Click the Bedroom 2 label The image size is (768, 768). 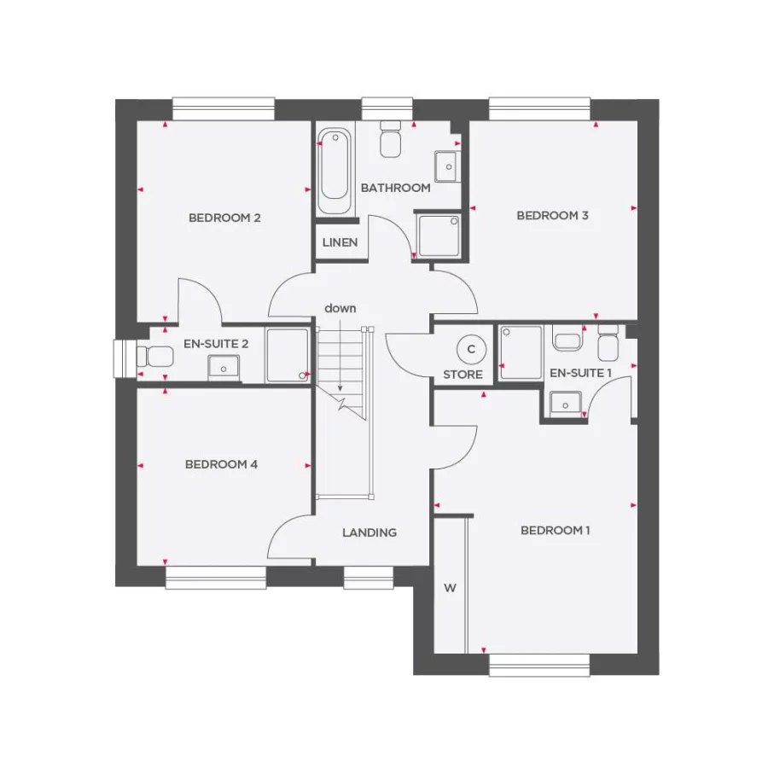[224, 218]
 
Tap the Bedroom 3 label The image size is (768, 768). [552, 215]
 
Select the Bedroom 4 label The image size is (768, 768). [221, 464]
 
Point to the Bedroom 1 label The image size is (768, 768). [556, 530]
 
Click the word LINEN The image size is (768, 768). [340, 242]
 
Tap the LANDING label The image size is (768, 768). [369, 532]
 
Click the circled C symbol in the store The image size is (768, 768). [468, 348]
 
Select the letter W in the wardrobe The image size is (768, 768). [450, 587]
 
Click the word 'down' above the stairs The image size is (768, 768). [340, 308]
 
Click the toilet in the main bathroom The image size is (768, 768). [391, 139]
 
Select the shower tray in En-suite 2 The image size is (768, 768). [287, 355]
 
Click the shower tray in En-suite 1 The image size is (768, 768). [521, 352]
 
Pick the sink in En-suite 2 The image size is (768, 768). [224, 367]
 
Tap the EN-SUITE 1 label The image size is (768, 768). [581, 373]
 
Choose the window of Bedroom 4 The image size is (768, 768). [216, 578]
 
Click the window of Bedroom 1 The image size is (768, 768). [538, 665]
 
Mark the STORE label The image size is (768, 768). [463, 375]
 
